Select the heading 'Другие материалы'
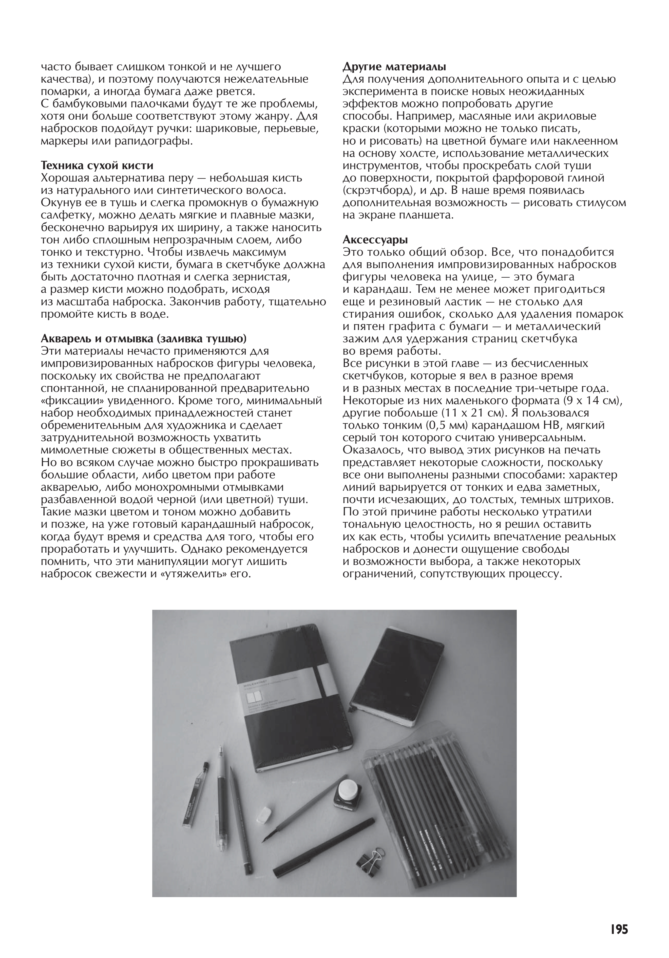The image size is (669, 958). point(394,67)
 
